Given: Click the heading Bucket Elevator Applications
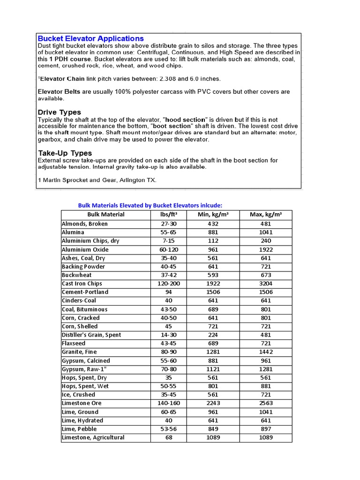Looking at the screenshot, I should coord(90,38).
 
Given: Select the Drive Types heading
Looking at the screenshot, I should coord(59,112).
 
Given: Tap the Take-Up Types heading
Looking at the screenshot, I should coord(65,153).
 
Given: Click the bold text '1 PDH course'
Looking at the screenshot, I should coord(67,60).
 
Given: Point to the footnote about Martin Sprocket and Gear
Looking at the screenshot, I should coord(97,180).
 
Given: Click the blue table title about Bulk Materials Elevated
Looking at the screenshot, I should coord(150,205).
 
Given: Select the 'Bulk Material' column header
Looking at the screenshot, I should coord(106,215).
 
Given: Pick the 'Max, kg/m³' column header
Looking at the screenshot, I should coord(266,215).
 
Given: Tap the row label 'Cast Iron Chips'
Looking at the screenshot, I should coord(82,284).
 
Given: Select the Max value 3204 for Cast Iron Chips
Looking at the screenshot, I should coord(266,284).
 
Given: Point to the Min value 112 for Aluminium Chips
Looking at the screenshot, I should coord(213,241).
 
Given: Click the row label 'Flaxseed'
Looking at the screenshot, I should coord(74,344).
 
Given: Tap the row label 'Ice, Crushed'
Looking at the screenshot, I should coord(78,395).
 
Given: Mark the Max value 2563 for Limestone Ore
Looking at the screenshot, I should coord(266,403).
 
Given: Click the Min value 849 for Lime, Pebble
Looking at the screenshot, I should coord(213,429).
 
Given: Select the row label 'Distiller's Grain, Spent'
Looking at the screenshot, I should coord(91,335).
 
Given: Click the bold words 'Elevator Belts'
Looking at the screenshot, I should coord(59,92).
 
